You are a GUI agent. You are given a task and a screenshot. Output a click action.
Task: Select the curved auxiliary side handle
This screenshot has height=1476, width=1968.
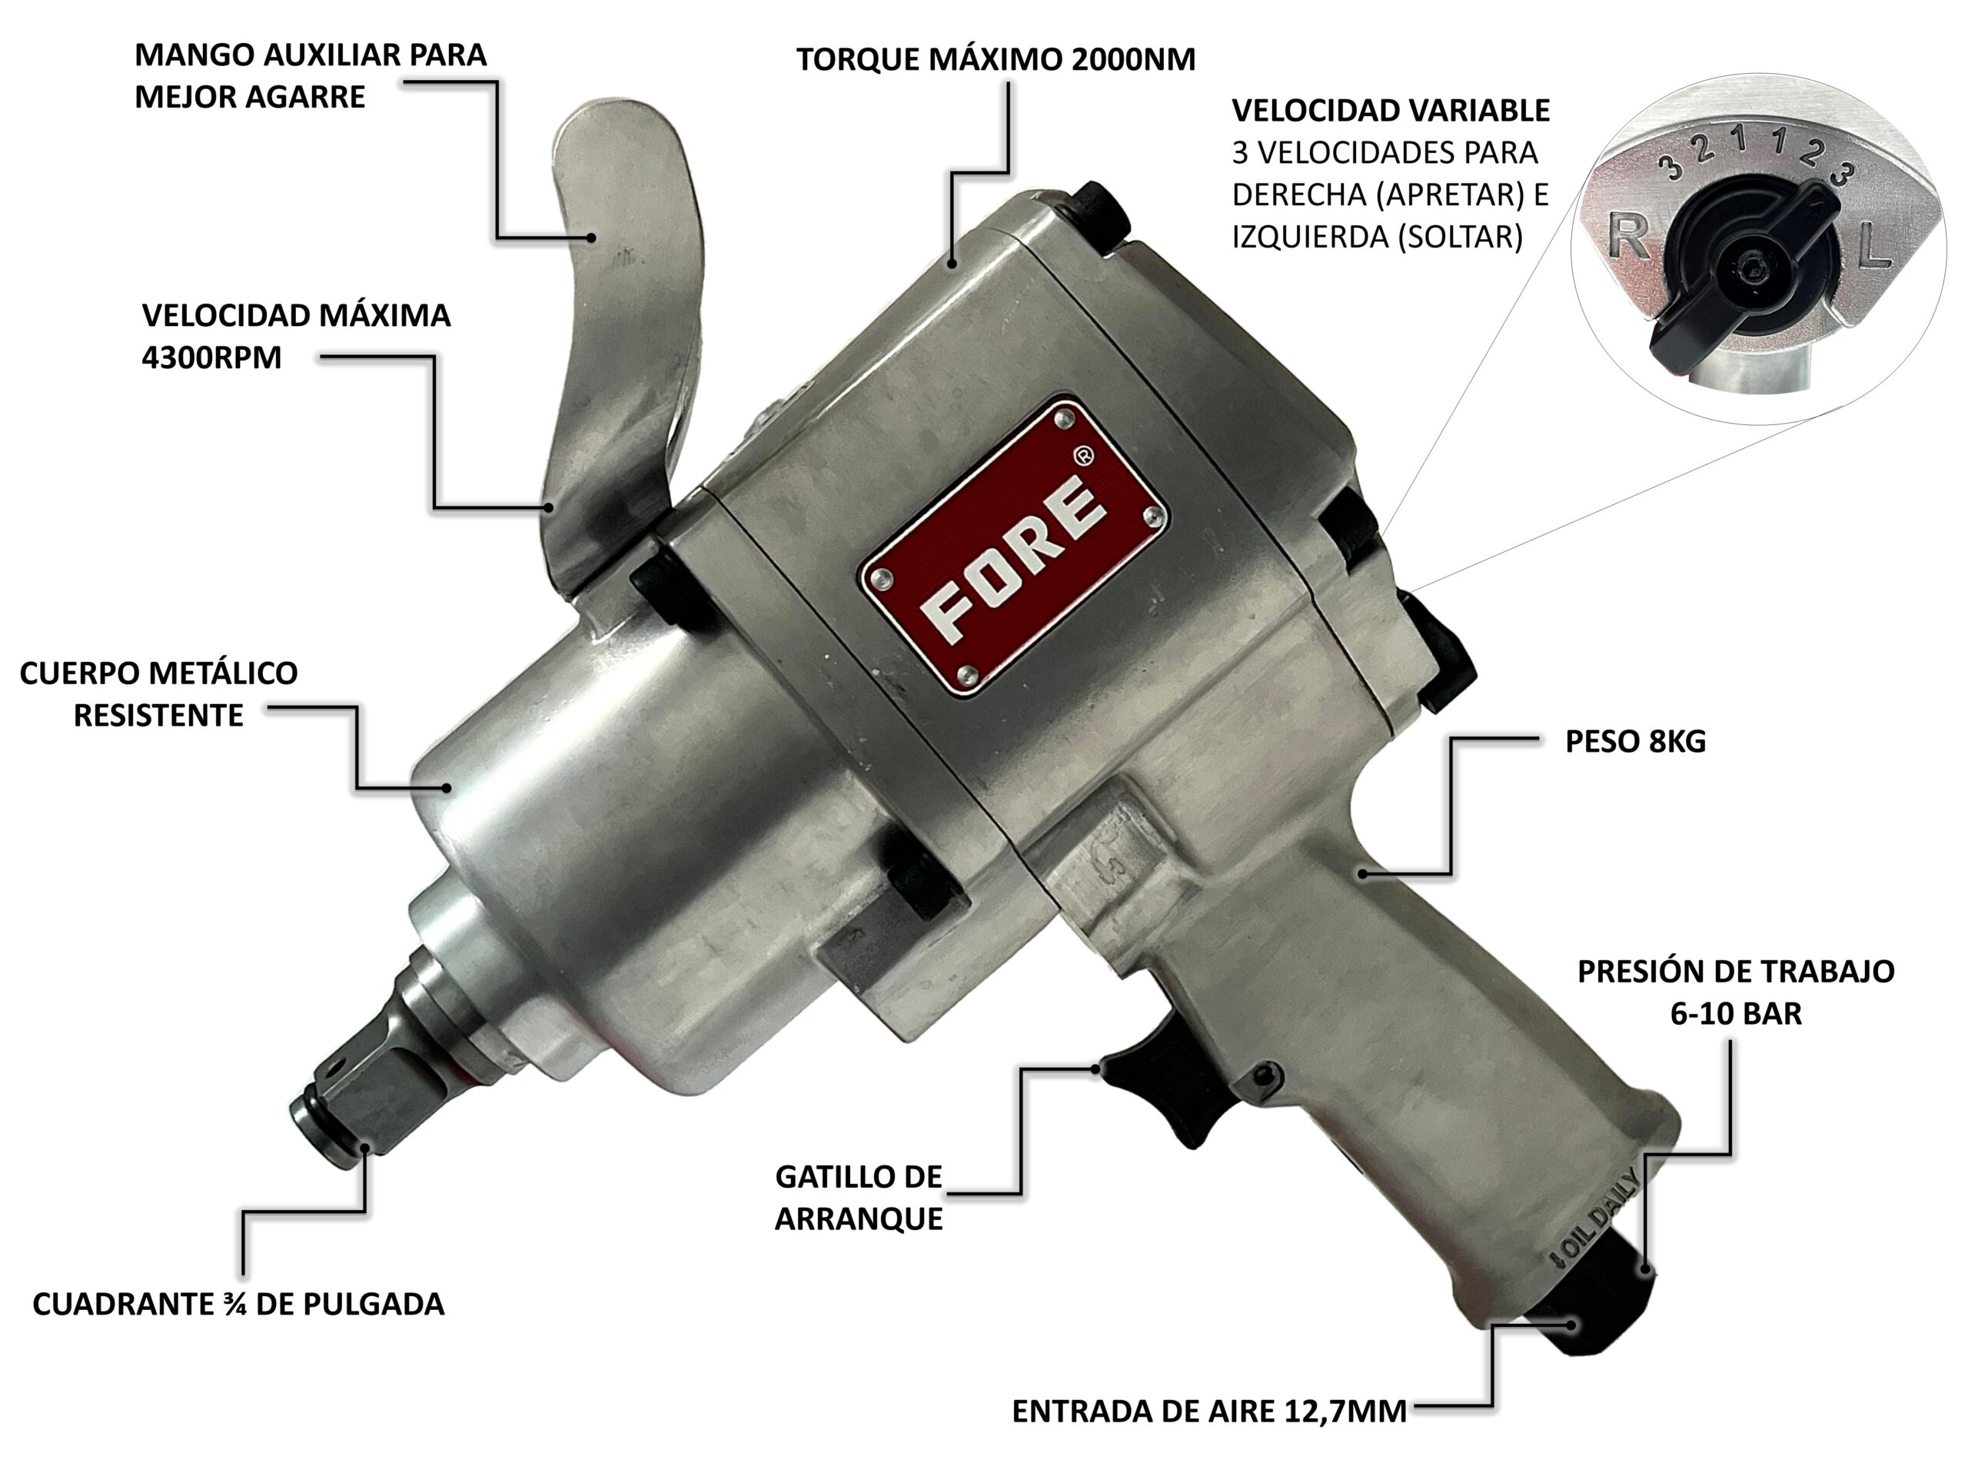click(623, 356)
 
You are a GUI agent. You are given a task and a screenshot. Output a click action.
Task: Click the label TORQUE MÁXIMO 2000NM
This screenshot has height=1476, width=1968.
click(996, 60)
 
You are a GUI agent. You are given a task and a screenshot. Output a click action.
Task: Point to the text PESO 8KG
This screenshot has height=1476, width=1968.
click(1635, 741)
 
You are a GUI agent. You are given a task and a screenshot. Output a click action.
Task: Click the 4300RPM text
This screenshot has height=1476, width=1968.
click(211, 357)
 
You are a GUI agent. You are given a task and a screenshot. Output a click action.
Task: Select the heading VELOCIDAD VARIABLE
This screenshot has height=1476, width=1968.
click(1391, 111)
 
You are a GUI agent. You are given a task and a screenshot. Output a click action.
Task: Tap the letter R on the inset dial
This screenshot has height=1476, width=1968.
click(1628, 238)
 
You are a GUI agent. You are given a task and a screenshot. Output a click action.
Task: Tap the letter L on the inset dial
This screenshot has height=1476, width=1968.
click(1873, 244)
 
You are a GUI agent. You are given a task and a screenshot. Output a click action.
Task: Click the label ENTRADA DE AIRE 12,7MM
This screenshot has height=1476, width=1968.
click(1209, 1411)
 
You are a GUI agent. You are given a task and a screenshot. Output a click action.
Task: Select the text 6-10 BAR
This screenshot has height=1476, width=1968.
click(1736, 1013)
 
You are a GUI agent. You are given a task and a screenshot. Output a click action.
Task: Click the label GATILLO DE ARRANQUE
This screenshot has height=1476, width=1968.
click(859, 1198)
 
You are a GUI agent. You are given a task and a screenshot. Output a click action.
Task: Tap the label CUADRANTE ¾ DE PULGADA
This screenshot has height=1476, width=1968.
click(238, 1305)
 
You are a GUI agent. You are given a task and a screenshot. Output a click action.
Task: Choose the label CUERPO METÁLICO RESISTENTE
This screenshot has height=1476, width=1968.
click(158, 694)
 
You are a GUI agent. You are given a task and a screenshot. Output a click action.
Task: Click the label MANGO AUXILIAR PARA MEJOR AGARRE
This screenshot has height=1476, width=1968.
click(311, 75)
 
